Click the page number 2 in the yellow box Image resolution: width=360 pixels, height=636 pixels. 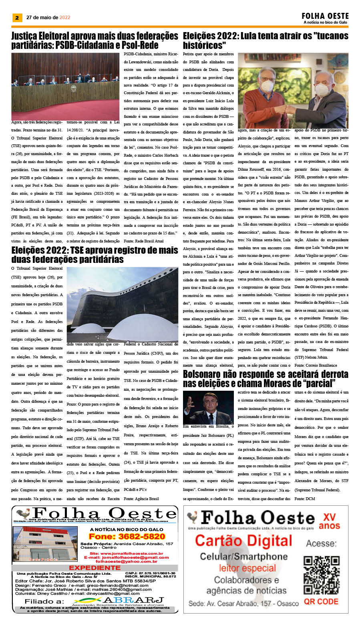click(x=17, y=18)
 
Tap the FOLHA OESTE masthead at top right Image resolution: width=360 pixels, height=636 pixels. click(x=325, y=16)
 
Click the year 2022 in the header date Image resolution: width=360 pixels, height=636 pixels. click(x=65, y=18)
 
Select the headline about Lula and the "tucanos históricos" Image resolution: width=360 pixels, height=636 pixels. click(x=265, y=40)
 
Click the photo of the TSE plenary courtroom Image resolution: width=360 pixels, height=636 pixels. click(x=65, y=86)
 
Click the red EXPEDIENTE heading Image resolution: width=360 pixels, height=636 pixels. click(x=95, y=567)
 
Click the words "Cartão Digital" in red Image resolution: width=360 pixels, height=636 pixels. click(x=243, y=541)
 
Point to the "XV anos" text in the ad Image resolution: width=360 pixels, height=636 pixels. click(x=329, y=521)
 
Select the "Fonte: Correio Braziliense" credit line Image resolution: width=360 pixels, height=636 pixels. click(x=316, y=365)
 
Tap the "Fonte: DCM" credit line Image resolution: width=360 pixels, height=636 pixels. click(x=304, y=499)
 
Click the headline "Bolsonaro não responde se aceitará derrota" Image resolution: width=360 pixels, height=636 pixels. click(x=265, y=379)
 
